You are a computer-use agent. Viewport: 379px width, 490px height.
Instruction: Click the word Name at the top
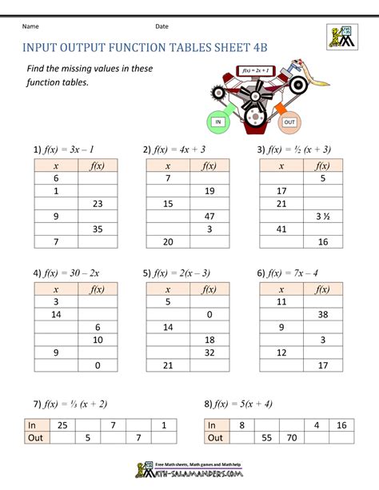30,26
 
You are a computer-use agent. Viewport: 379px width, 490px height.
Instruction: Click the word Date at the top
162,26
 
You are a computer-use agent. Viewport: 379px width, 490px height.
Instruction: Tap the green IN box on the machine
217,122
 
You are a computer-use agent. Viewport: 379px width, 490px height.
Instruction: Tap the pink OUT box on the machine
289,122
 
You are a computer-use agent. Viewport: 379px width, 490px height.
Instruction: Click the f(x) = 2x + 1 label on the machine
255,71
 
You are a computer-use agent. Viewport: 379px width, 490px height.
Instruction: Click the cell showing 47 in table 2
209,217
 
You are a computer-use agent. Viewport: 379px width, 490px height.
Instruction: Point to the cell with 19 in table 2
209,192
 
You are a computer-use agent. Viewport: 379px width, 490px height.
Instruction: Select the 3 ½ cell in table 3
323,217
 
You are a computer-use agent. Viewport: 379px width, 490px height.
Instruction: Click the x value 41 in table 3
281,229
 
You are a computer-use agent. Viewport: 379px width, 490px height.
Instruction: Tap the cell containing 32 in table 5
209,353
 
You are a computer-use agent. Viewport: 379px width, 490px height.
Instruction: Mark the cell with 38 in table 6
323,314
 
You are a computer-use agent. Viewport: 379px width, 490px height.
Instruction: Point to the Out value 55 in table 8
267,438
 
